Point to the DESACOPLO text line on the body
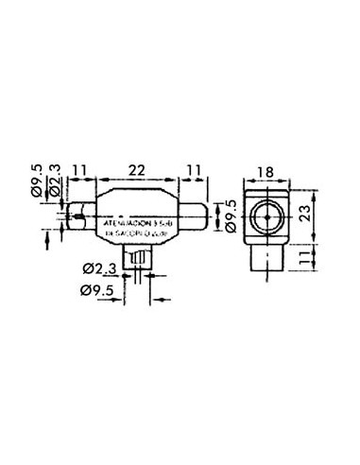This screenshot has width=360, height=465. [x=142, y=232]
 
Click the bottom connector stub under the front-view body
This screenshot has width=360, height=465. [x=142, y=258]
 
